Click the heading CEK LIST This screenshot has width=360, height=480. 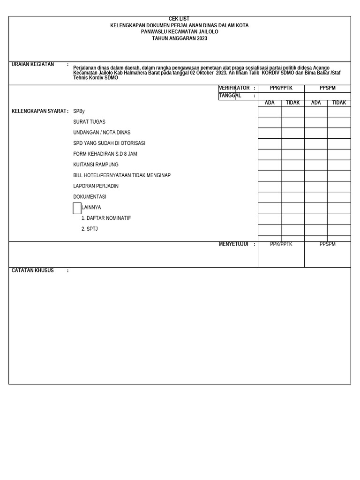(x=179, y=19)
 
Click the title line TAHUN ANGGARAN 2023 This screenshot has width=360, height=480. (x=179, y=38)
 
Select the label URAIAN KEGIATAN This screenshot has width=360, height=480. (x=33, y=65)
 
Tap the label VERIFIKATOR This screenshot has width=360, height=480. (x=234, y=88)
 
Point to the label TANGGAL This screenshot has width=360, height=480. (x=230, y=96)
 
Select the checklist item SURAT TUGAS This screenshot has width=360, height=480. (x=89, y=122)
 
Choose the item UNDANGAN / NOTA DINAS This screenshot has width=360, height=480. (x=102, y=133)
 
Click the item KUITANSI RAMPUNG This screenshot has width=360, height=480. (x=96, y=165)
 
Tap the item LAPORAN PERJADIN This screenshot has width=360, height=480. (x=96, y=186)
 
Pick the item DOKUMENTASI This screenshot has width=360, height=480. (x=90, y=197)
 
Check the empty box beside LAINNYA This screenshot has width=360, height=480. (x=77, y=208)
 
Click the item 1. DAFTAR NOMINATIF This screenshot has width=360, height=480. (x=106, y=218)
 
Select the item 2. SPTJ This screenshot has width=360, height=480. (x=90, y=229)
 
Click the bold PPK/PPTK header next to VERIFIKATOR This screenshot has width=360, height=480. (x=281, y=88)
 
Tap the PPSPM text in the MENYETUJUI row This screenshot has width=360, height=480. (x=327, y=244)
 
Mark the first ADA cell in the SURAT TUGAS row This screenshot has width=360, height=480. (x=270, y=122)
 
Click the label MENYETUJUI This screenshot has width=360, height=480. (x=233, y=244)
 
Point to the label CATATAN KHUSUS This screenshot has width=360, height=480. (x=33, y=270)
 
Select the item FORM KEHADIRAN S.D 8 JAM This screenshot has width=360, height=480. (x=105, y=154)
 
